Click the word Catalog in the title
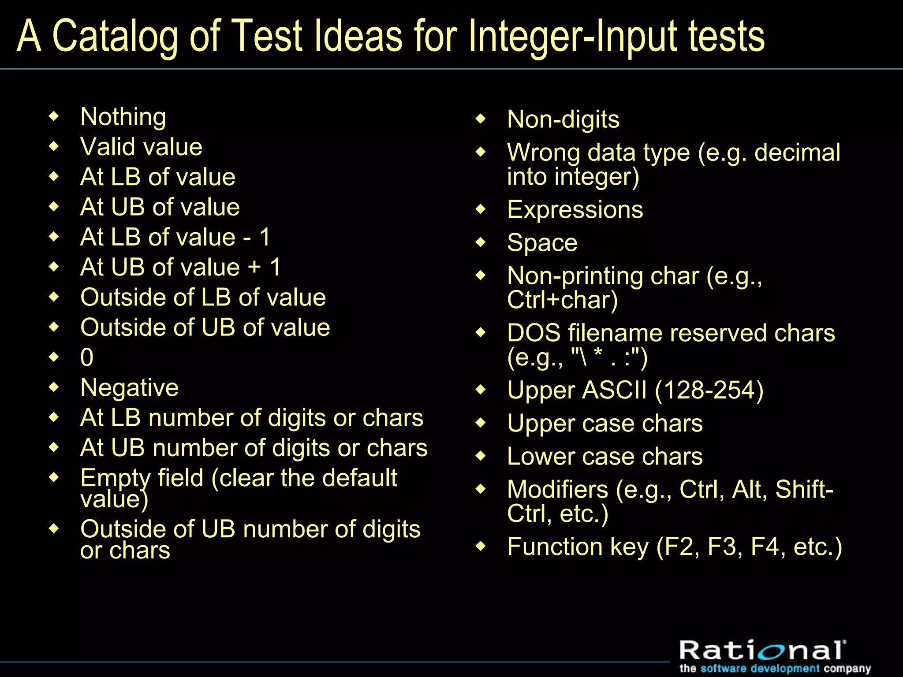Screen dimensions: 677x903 click(115, 36)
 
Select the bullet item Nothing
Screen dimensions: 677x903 click(123, 117)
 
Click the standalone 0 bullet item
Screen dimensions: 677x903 click(87, 357)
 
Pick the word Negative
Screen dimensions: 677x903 click(130, 388)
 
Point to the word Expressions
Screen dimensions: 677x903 click(575, 210)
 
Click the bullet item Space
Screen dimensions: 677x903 click(542, 243)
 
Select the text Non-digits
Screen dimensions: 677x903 click(563, 119)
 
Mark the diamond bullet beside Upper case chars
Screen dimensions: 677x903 click(481, 423)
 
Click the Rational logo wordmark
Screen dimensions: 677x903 click(762, 651)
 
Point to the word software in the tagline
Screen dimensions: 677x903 click(723, 669)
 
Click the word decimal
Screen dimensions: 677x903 click(797, 153)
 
